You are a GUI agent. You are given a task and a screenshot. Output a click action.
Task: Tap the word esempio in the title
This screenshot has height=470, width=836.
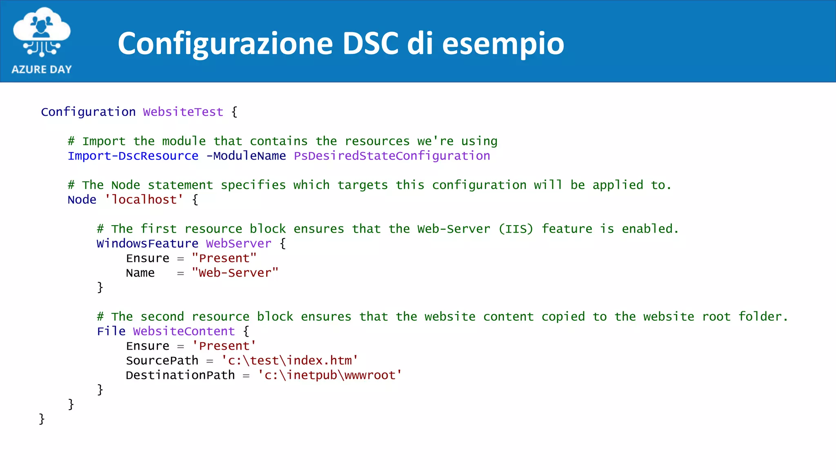pyautogui.click(x=503, y=44)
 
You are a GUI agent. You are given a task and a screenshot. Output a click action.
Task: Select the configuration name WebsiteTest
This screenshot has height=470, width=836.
pyautogui.click(x=183, y=112)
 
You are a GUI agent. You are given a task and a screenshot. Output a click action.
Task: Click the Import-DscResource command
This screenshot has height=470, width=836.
pyautogui.click(x=133, y=156)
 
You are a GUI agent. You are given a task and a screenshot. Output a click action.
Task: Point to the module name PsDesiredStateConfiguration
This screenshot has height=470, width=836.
pyautogui.click(x=392, y=156)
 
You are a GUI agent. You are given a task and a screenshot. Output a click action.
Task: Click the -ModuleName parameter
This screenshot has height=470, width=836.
pyautogui.click(x=246, y=156)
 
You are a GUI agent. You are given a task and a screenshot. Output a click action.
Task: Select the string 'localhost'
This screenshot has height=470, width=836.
pyautogui.click(x=144, y=200)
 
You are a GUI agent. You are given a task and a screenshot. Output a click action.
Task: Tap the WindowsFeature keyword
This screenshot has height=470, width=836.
pyautogui.click(x=147, y=244)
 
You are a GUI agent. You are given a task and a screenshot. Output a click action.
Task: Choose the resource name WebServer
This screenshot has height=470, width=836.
pyautogui.click(x=238, y=244)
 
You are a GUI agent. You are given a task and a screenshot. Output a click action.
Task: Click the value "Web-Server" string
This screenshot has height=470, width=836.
pyautogui.click(x=235, y=273)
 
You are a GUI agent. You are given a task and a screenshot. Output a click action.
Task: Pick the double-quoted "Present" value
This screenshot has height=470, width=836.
pyautogui.click(x=224, y=258)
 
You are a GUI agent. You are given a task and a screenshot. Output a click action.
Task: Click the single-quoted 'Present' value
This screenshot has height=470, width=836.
pyautogui.click(x=224, y=346)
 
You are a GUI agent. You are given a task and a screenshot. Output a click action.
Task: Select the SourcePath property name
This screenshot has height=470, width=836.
pyautogui.click(x=162, y=361)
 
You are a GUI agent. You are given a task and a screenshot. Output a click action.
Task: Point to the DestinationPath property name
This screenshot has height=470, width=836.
pyautogui.click(x=180, y=375)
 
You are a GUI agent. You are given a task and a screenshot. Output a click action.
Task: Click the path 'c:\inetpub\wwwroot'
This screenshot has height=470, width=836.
pyautogui.click(x=329, y=375)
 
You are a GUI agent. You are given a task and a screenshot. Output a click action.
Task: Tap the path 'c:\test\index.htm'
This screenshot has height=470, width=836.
pyautogui.click(x=289, y=361)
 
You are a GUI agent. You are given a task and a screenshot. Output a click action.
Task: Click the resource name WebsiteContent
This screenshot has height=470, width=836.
pyautogui.click(x=184, y=331)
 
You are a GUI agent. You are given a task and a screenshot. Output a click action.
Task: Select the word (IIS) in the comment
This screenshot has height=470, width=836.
pyautogui.click(x=516, y=229)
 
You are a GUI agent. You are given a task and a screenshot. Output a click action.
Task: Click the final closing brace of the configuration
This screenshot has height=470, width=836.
pyautogui.click(x=42, y=419)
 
